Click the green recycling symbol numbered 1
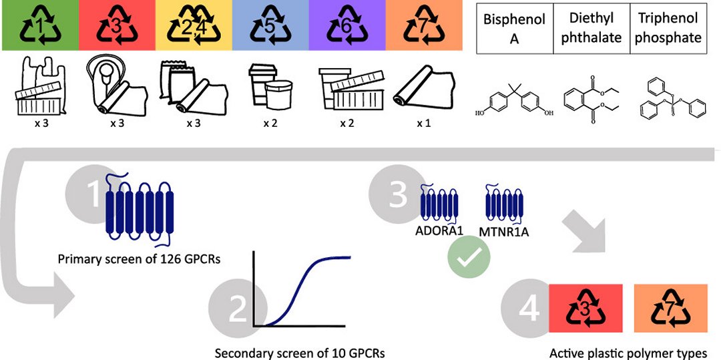click(38, 25)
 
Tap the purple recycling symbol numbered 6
click(347, 25)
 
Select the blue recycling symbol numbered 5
click(270, 25)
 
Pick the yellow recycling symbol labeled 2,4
click(193, 25)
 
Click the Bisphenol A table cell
click(505, 29)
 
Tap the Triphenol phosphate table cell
click(668, 29)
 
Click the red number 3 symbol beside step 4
click(585, 309)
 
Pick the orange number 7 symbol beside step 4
click(670, 309)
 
